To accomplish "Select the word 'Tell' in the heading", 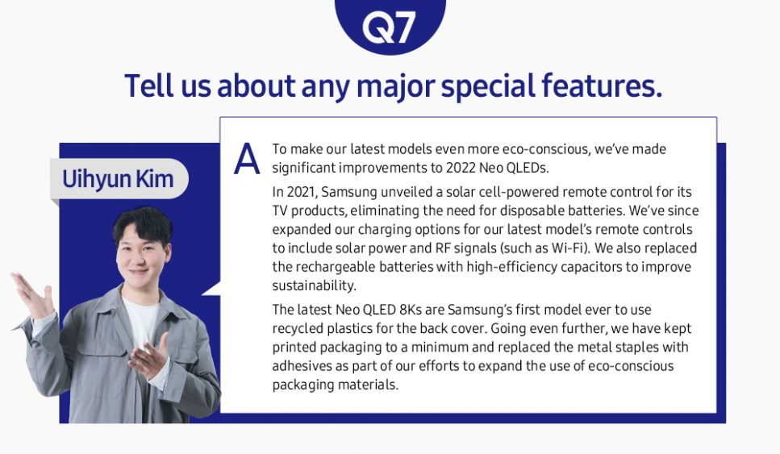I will pyautogui.click(x=148, y=85).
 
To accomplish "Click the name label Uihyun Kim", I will pyautogui.click(x=118, y=179).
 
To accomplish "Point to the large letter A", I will pyautogui.click(x=247, y=159).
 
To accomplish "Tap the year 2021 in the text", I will pyautogui.click(x=303, y=192).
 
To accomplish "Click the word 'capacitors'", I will pyautogui.click(x=595, y=267).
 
